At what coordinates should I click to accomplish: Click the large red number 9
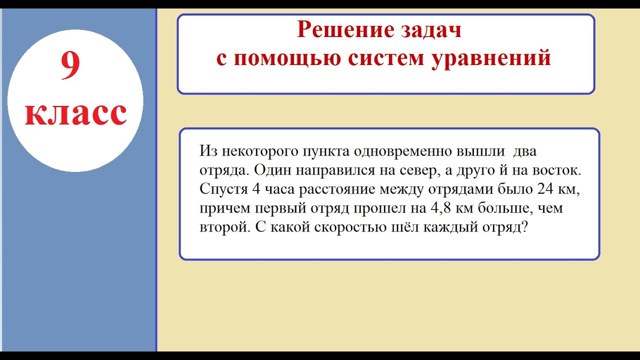[x=70, y=65]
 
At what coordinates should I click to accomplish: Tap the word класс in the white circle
[x=75, y=114]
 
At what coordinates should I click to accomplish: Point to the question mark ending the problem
[x=524, y=227]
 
